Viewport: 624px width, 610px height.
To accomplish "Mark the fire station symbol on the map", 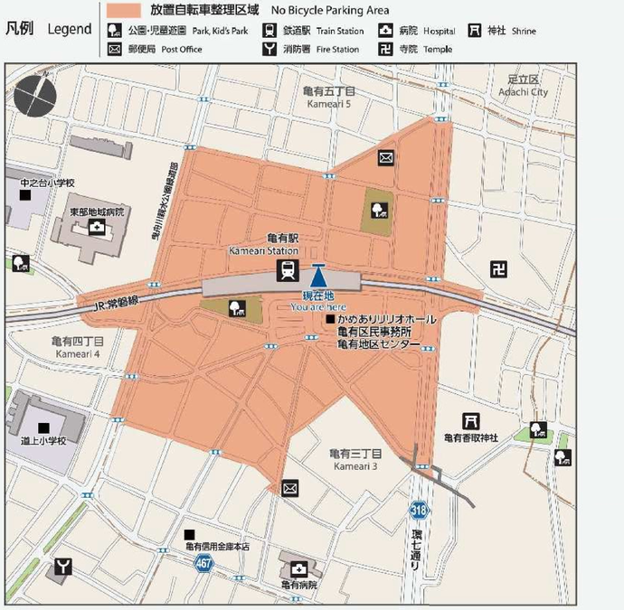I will tap(62, 568).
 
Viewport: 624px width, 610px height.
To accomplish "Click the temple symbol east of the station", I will tap(497, 268).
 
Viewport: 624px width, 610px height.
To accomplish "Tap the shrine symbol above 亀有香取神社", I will tap(470, 420).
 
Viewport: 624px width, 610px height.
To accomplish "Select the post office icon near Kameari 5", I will tap(386, 158).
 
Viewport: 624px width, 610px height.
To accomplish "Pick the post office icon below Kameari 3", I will tap(290, 489).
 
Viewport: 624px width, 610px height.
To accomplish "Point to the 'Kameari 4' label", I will tap(79, 353).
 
